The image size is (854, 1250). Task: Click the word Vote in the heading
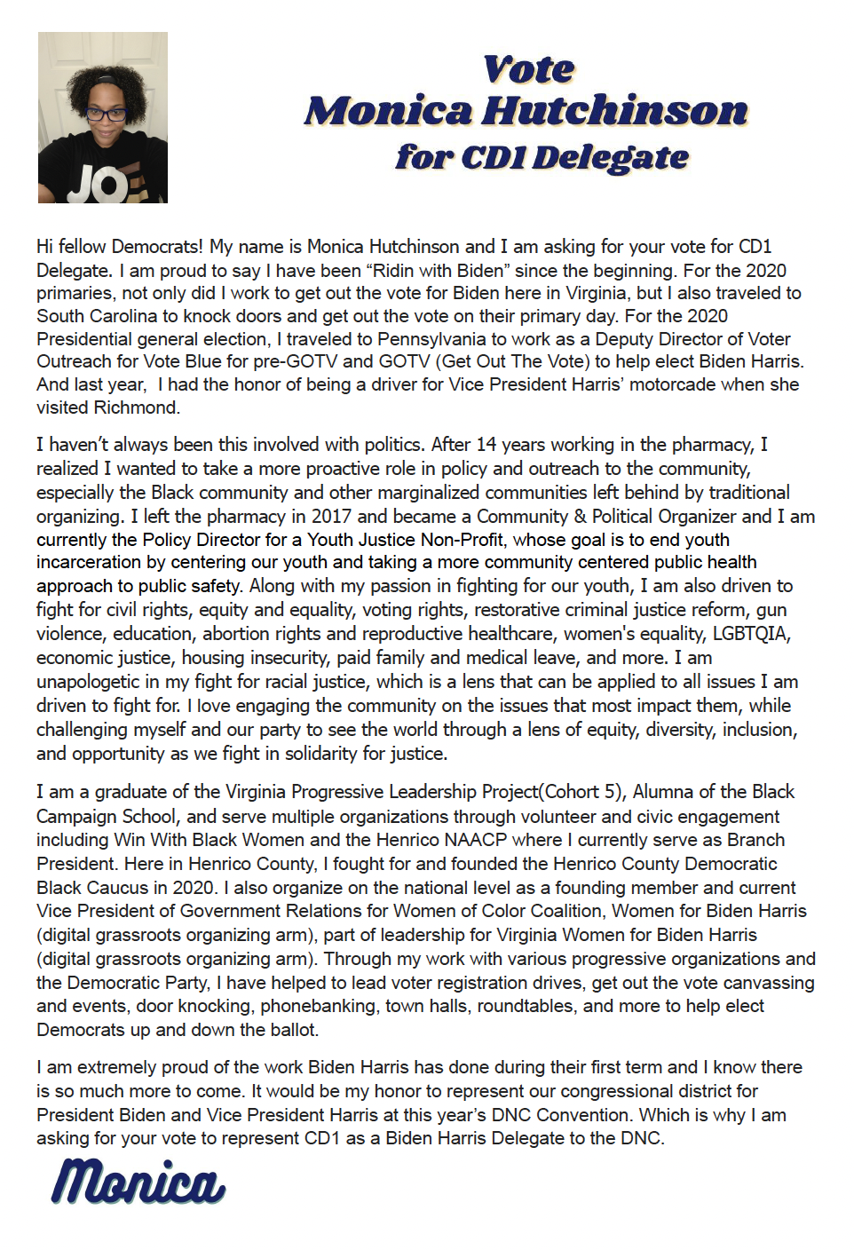pyautogui.click(x=529, y=69)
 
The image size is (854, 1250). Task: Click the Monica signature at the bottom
pyautogui.click(x=138, y=1183)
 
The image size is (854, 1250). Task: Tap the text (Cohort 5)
pyautogui.click(x=582, y=792)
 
